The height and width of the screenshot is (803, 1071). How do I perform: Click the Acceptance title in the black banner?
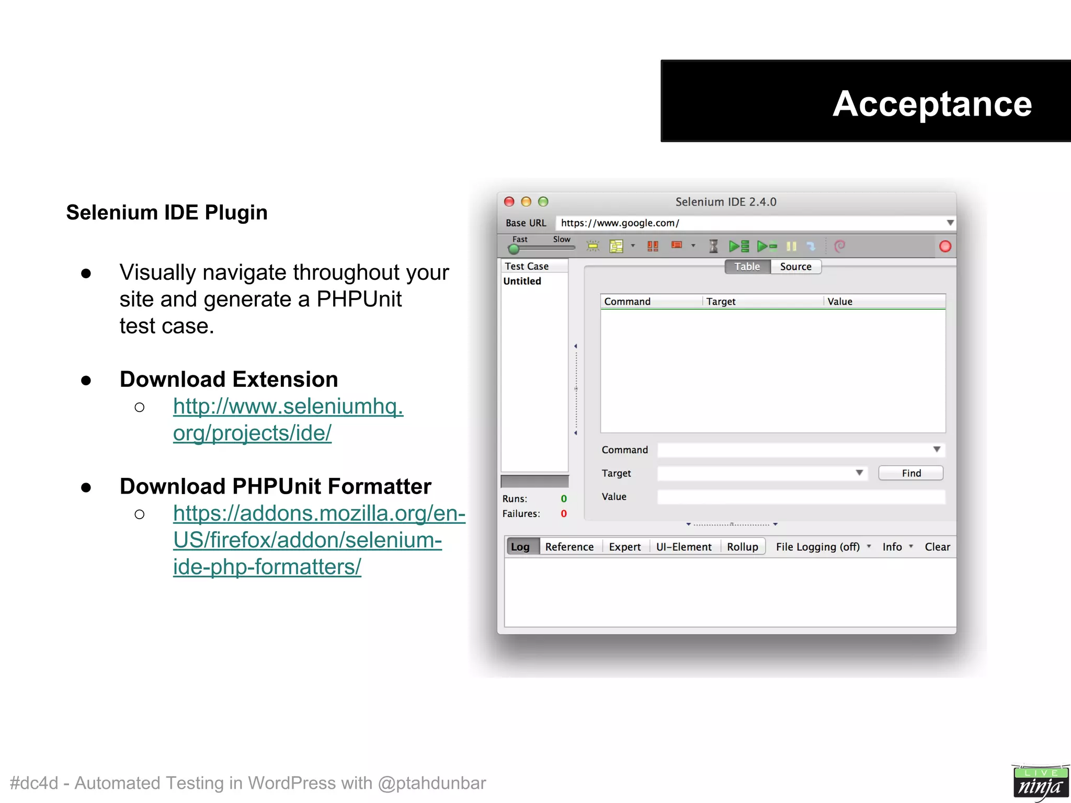[x=931, y=104]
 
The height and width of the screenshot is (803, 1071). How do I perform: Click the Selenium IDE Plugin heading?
[x=167, y=213]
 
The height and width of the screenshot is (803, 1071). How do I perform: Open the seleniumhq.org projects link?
[x=288, y=419]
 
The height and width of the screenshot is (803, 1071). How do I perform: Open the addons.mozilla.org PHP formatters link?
[x=318, y=540]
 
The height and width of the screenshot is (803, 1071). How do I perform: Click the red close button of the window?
[x=509, y=202]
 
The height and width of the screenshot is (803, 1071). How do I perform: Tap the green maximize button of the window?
[x=543, y=202]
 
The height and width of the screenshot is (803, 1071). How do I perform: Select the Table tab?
[x=747, y=267]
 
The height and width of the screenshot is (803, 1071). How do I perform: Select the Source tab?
[x=795, y=267]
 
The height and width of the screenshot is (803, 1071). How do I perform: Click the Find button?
[x=911, y=473]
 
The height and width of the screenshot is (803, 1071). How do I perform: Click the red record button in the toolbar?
[x=945, y=246]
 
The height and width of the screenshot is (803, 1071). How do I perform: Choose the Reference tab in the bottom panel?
[x=569, y=547]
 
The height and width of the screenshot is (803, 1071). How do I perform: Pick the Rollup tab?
[x=742, y=547]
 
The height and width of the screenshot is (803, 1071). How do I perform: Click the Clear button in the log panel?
[x=937, y=547]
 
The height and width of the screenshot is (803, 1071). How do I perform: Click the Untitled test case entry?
[x=522, y=281]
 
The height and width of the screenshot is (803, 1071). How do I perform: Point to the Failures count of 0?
[x=564, y=514]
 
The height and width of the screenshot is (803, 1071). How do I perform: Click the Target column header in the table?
[x=721, y=302]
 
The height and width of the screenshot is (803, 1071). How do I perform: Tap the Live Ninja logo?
[x=1040, y=783]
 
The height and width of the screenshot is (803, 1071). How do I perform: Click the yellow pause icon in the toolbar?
[x=791, y=246]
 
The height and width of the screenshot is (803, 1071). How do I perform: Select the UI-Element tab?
[x=683, y=547]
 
